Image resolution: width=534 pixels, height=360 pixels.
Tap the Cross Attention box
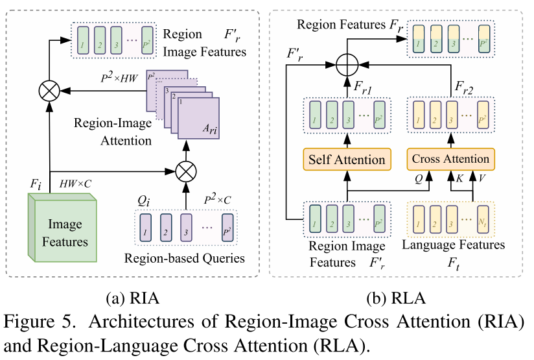450,160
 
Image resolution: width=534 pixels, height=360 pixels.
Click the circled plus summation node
348,65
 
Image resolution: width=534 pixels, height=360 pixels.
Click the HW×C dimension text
76,185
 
